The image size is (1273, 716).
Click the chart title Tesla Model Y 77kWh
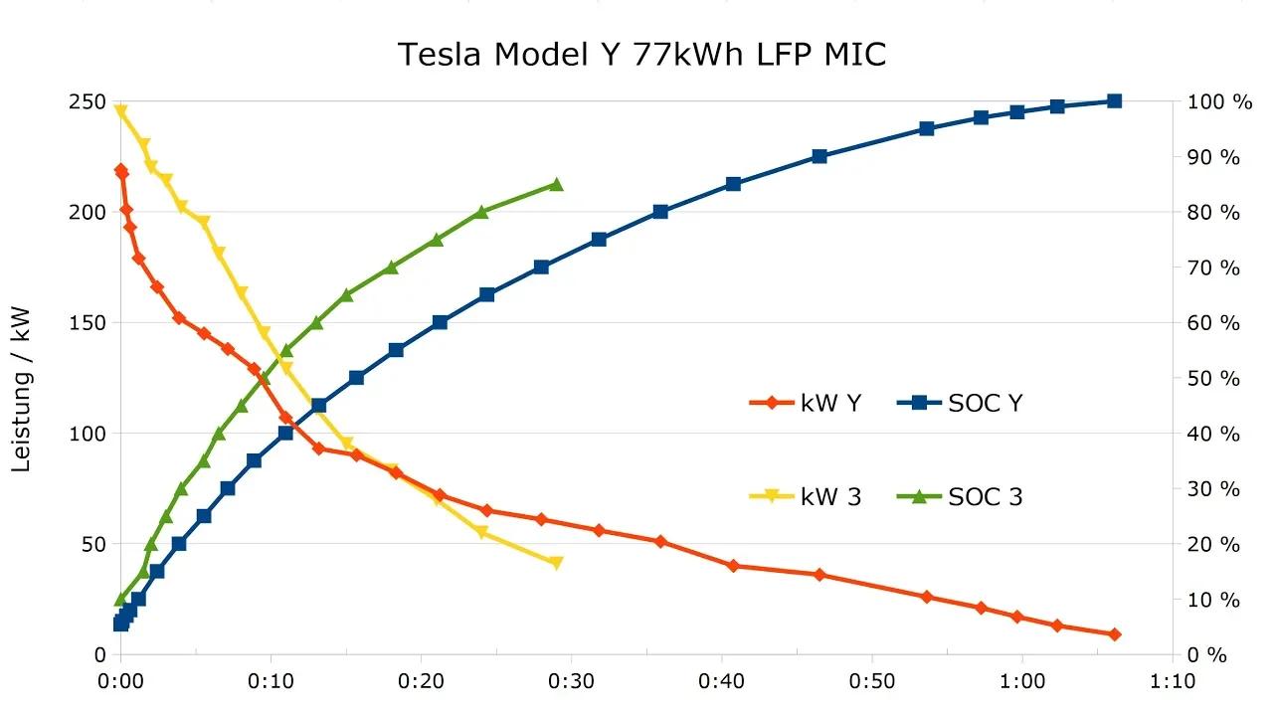pyautogui.click(x=641, y=54)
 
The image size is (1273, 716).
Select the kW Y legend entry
pyautogui.click(x=806, y=403)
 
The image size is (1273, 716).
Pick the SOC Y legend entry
pyautogui.click(x=960, y=403)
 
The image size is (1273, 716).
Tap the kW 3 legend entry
pyautogui.click(x=806, y=496)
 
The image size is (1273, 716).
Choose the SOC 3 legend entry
pyautogui.click(x=960, y=496)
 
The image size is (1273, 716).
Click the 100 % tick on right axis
pyautogui.click(x=1213, y=101)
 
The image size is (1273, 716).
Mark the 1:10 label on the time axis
pyautogui.click(x=1173, y=682)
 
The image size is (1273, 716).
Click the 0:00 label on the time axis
pyautogui.click(x=120, y=682)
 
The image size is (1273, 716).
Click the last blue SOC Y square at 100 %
pyautogui.click(x=1114, y=101)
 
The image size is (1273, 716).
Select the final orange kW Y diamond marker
pyautogui.click(x=1114, y=634)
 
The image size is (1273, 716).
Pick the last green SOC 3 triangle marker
pyautogui.click(x=556, y=185)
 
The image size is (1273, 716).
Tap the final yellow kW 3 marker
pyautogui.click(x=556, y=563)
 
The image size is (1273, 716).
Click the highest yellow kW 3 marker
pyautogui.click(x=121, y=111)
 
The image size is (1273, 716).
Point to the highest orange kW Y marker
pyautogui.click(x=121, y=171)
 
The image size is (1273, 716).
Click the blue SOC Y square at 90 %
pyautogui.click(x=819, y=157)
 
